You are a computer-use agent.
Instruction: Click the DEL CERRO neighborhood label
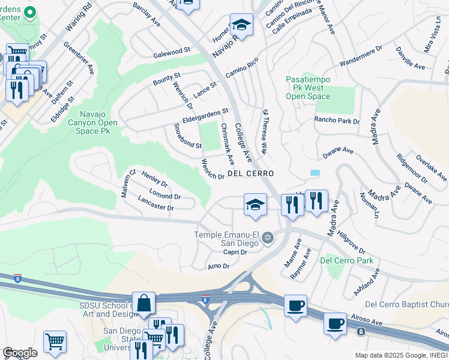pos(251,173)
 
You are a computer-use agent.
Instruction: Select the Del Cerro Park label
pos(346,260)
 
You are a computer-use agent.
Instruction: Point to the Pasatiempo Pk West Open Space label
pos(307,88)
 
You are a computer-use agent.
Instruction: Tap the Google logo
pos(20,353)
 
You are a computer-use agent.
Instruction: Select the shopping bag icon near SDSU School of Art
pos(145,304)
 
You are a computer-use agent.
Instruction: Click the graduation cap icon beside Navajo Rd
pos(241,25)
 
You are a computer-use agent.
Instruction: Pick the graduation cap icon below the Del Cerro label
pos(255,205)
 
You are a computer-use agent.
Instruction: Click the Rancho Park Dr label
pos(337,121)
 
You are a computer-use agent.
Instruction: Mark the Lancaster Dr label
pos(155,203)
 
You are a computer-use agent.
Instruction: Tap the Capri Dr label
pos(235,252)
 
